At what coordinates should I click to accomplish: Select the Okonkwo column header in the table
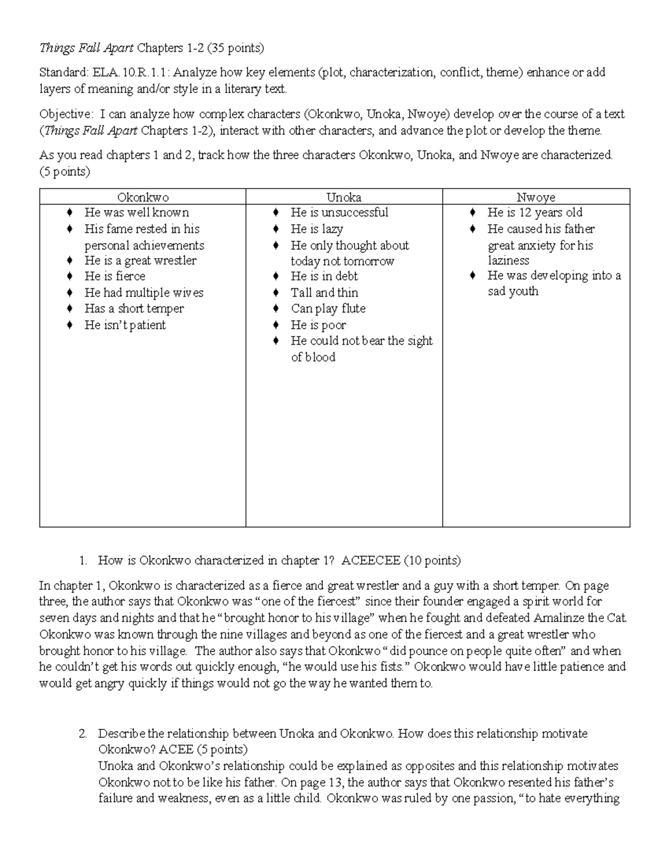click(143, 197)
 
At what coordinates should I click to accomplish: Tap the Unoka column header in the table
click(343, 197)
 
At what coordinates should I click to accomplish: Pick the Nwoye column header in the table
click(536, 197)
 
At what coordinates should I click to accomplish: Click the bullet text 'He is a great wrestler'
click(140, 260)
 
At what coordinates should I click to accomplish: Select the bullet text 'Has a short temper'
click(134, 308)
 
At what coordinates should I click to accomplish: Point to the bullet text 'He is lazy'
click(317, 229)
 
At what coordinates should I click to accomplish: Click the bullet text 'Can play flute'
click(328, 308)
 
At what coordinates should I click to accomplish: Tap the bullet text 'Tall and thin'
click(324, 293)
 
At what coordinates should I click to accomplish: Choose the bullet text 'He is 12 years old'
click(535, 212)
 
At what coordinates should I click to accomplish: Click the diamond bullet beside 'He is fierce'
click(69, 276)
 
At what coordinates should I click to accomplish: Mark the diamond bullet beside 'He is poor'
click(275, 325)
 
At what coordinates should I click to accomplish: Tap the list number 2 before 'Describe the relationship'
click(83, 734)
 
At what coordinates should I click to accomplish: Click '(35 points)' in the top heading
click(235, 48)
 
